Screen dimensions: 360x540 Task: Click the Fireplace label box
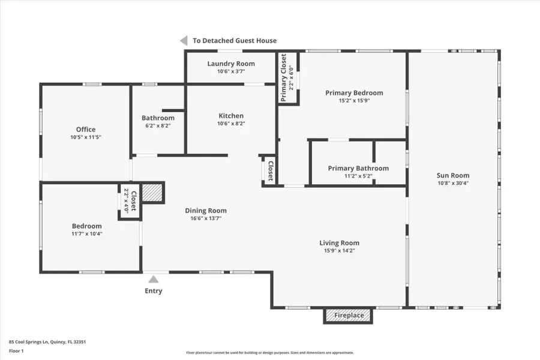[x=349, y=315]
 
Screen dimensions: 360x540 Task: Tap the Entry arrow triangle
[x=154, y=279]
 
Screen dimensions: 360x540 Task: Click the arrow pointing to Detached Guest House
[x=184, y=41]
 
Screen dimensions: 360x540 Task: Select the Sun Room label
[x=453, y=176]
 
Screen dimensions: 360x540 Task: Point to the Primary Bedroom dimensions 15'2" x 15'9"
[x=354, y=101]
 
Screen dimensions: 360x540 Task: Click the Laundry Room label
[x=231, y=64]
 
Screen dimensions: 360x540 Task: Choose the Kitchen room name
[x=231, y=116]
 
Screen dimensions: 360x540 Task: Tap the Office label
[x=86, y=130]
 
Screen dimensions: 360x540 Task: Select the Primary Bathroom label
[x=358, y=168]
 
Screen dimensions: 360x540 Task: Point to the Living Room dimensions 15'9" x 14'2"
[x=339, y=251]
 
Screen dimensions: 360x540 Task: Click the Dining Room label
[x=205, y=211]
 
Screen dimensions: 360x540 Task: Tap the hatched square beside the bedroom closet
[x=154, y=193]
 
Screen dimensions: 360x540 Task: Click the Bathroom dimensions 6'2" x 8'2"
[x=158, y=125]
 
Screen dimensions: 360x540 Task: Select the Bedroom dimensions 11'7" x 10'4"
[x=87, y=233]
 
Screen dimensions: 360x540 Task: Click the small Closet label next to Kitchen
[x=270, y=171]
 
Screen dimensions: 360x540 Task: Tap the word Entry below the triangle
[x=153, y=291]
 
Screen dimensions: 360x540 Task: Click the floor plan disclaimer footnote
[x=269, y=353]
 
